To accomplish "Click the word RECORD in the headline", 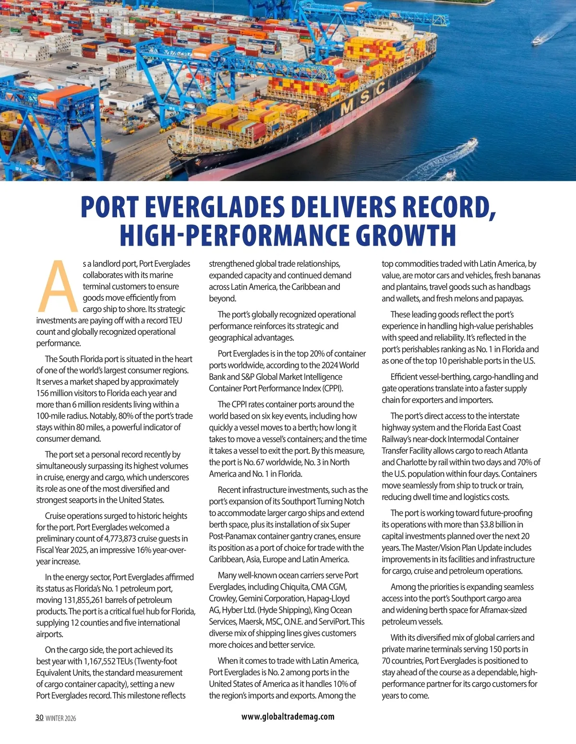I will (x=446, y=207).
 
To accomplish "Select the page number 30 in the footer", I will (x=39, y=718).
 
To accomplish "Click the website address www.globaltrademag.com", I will (x=288, y=716).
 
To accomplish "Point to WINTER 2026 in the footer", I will (x=60, y=718).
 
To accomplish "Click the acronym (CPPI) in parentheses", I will (x=333, y=389).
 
